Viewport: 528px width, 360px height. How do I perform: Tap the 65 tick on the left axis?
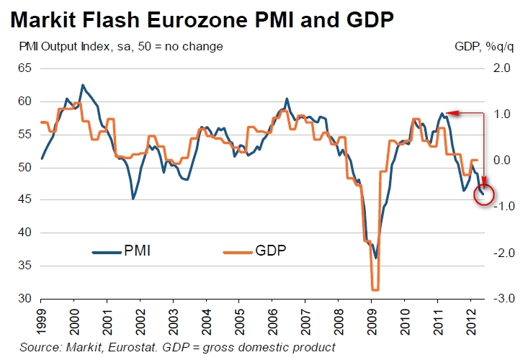pos(26,68)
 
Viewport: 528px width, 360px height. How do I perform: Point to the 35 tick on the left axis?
pos(26,266)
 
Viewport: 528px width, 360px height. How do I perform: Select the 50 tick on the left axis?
pos(26,167)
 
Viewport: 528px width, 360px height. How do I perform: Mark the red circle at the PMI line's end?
pos(484,194)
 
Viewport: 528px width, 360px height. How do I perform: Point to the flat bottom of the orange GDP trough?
pos(375,289)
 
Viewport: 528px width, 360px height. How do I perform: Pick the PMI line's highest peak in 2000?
pos(82,85)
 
